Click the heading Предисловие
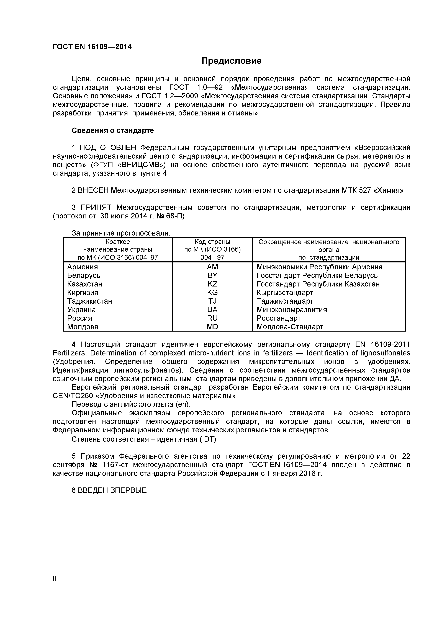pos(232,61)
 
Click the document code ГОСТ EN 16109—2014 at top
pos(92,47)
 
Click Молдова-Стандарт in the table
pos(290,327)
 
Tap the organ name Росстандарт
pos(278,319)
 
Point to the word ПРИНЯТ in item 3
pos(96,208)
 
